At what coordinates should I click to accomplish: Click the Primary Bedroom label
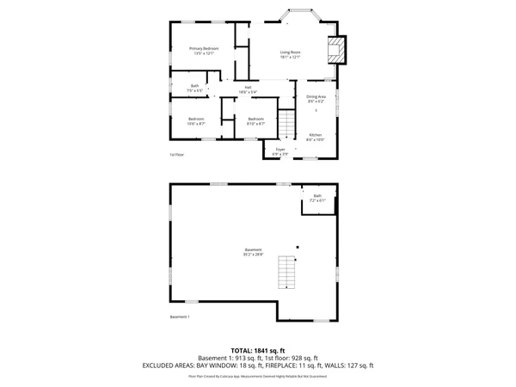point(204,51)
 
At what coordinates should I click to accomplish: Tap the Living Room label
point(290,55)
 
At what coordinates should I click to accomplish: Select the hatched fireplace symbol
point(337,50)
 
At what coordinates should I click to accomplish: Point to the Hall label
point(247,89)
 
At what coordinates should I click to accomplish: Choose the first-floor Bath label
point(194,88)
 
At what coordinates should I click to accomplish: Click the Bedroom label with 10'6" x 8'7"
point(196,121)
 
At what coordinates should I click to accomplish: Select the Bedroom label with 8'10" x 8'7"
point(255,121)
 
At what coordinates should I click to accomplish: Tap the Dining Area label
point(316,98)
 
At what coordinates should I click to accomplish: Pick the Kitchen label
point(316,137)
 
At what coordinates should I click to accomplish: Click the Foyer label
point(280,152)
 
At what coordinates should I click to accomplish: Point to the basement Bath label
point(317,199)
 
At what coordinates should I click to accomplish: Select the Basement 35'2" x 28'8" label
point(253,252)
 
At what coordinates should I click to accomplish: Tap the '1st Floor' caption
point(177,155)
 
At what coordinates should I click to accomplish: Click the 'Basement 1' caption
point(180,317)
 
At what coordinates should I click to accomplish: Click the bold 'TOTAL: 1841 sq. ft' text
point(258,351)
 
